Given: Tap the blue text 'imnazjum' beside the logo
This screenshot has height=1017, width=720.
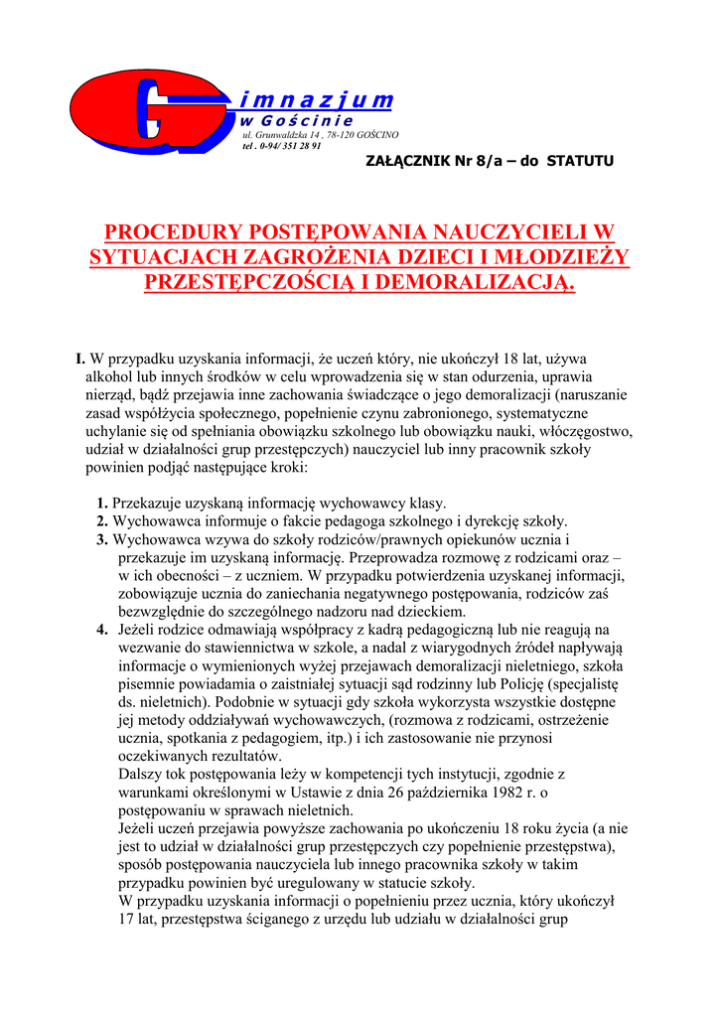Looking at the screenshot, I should coord(317,100).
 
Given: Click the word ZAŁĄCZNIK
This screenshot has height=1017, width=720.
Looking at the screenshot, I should coord(411,161).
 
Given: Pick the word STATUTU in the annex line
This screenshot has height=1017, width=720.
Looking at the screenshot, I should coord(580,161).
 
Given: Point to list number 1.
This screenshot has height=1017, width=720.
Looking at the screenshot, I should coord(102,504).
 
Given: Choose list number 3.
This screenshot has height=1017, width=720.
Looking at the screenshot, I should coord(102,539).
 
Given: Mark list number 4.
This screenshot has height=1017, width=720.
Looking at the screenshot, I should coord(102,630).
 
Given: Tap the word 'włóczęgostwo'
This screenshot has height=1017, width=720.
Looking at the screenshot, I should coord(584,431).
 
